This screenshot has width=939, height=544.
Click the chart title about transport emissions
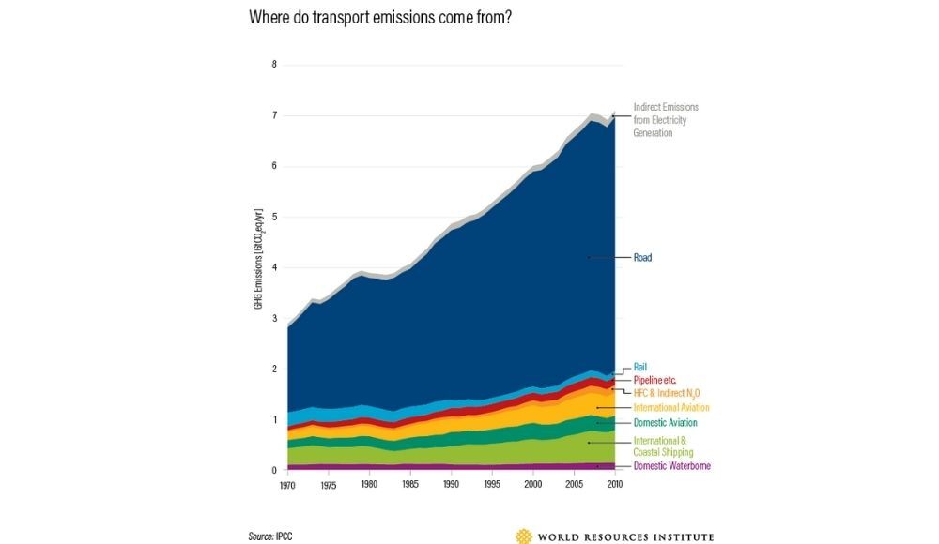click(380, 18)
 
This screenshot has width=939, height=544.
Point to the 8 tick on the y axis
click(274, 65)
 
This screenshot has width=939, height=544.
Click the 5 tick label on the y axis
click(274, 217)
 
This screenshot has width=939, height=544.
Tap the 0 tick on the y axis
click(274, 470)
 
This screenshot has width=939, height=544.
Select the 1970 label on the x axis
click(287, 484)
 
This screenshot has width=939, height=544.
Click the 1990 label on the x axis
click(452, 484)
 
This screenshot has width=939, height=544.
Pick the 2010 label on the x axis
click(615, 484)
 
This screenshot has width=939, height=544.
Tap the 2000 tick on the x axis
click(533, 484)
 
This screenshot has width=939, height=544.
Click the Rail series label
click(641, 367)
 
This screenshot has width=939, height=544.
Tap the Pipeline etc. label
click(655, 379)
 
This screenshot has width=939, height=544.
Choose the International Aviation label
click(671, 408)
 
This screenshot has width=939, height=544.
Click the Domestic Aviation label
click(665, 423)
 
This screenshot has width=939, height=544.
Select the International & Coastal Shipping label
click(663, 446)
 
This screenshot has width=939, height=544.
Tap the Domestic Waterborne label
click(671, 466)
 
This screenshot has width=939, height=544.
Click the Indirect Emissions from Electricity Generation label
click(666, 120)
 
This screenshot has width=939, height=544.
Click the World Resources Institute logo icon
click(523, 536)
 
